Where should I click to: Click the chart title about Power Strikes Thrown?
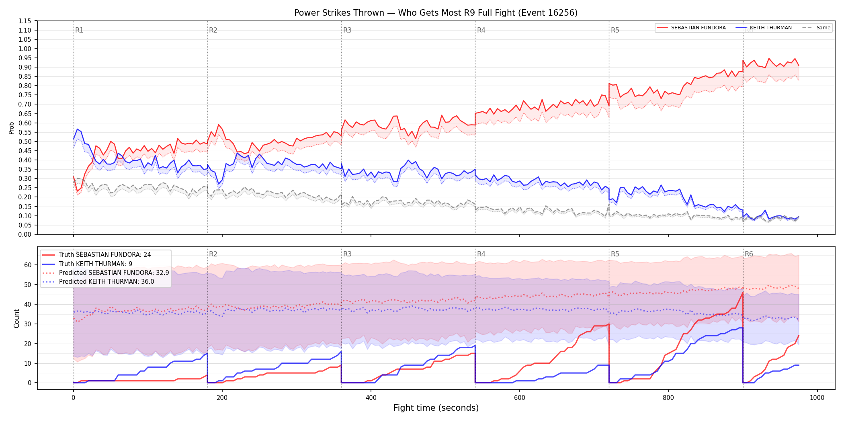tap(436, 13)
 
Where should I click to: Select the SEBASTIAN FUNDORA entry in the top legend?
tap(691, 28)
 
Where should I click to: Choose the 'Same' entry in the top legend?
tap(816, 28)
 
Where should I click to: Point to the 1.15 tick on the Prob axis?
tap(25, 21)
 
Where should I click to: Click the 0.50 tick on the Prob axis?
tap(25, 141)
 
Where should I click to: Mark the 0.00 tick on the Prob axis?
tap(25, 234)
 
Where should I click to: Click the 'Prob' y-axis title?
tap(11, 128)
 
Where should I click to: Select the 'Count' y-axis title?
tap(16, 318)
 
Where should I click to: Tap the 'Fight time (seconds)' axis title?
tap(436, 408)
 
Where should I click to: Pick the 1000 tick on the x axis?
tap(817, 398)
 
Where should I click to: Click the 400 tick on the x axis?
tap(371, 398)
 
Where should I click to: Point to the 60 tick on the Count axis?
tap(28, 265)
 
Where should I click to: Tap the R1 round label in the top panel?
tap(79, 30)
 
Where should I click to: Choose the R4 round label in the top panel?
tap(481, 30)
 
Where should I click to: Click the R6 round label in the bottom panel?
tap(749, 254)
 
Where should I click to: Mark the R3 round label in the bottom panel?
tap(347, 254)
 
